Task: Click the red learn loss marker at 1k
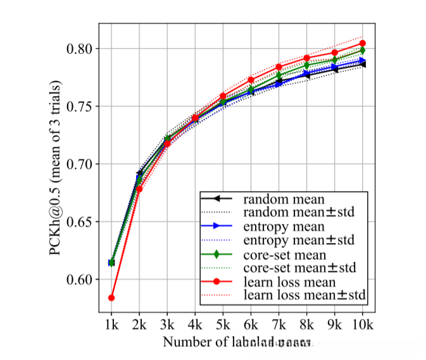point(111,297)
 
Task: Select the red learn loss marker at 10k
point(363,43)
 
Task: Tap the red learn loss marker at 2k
point(139,189)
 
